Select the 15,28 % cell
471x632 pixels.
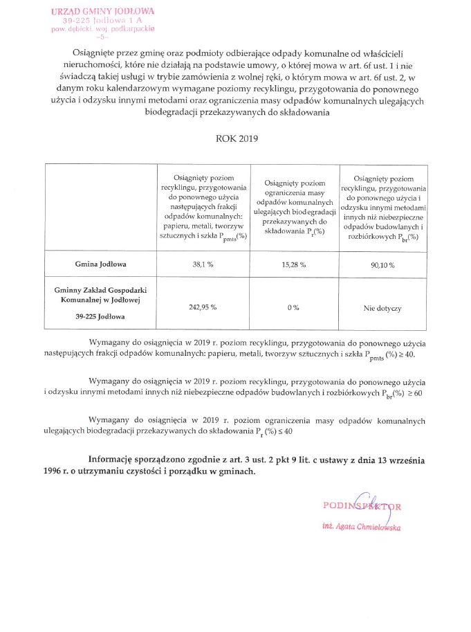point(294,264)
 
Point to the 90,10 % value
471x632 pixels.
point(382,264)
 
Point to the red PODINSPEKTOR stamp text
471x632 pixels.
point(362,505)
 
